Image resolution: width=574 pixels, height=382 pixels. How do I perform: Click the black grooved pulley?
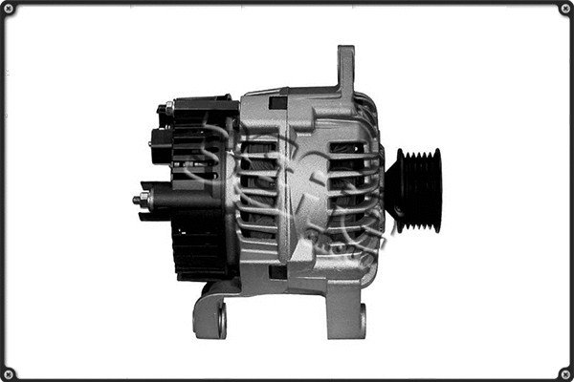tap(416, 189)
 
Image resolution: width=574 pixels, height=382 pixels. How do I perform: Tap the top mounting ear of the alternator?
tap(345, 69)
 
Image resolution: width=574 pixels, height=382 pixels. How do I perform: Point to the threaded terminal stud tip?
tap(137, 200)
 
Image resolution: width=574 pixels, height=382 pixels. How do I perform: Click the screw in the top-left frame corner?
tap(9, 9)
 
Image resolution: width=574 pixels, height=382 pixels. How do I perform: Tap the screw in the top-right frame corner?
tap(564, 9)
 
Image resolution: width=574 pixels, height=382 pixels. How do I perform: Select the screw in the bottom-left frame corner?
tap(9, 372)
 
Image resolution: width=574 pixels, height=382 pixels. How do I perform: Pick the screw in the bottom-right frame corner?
tap(564, 372)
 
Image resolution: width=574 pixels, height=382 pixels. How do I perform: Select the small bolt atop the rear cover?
tap(168, 108)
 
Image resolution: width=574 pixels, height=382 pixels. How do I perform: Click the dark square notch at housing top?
tap(278, 102)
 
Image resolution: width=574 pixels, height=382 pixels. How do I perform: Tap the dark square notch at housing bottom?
tap(278, 271)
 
